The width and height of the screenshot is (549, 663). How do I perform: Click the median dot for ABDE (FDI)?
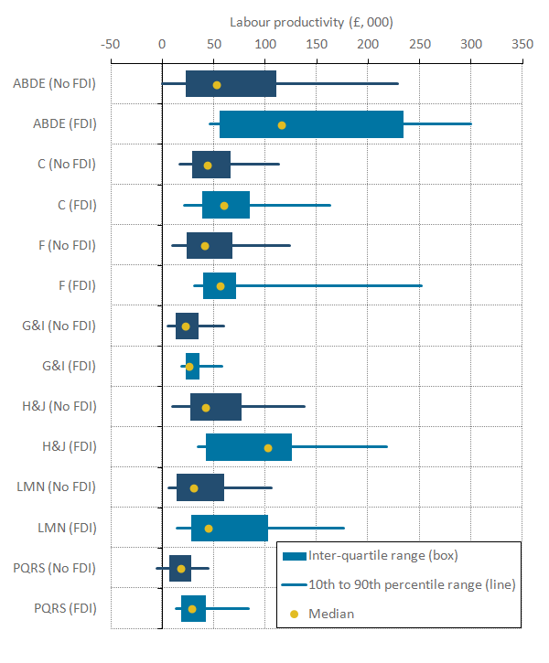[281, 124]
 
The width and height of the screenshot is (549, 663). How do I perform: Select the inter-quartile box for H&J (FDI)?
[249, 447]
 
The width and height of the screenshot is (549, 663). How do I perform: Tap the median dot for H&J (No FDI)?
[206, 407]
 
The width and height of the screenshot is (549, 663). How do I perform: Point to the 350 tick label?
[522, 43]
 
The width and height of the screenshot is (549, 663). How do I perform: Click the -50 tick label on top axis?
[111, 43]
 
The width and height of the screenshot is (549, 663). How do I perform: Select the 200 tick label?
[367, 43]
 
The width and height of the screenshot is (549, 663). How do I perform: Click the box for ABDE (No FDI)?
[231, 84]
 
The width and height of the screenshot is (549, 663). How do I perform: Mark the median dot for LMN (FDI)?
[209, 528]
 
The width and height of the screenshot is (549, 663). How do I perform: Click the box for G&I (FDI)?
[192, 367]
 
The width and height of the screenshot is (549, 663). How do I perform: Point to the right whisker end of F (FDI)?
[422, 286]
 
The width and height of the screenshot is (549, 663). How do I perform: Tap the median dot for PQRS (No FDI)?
[181, 569]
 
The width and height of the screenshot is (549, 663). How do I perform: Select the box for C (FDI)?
[226, 205]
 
